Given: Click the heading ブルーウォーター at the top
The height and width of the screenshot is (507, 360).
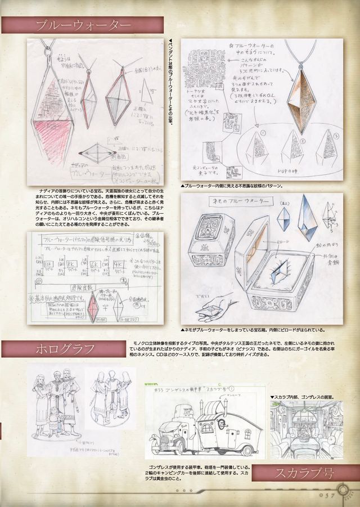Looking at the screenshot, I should click(x=83, y=25).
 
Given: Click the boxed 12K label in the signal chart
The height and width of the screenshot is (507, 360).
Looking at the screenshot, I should click(x=48, y=263).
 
